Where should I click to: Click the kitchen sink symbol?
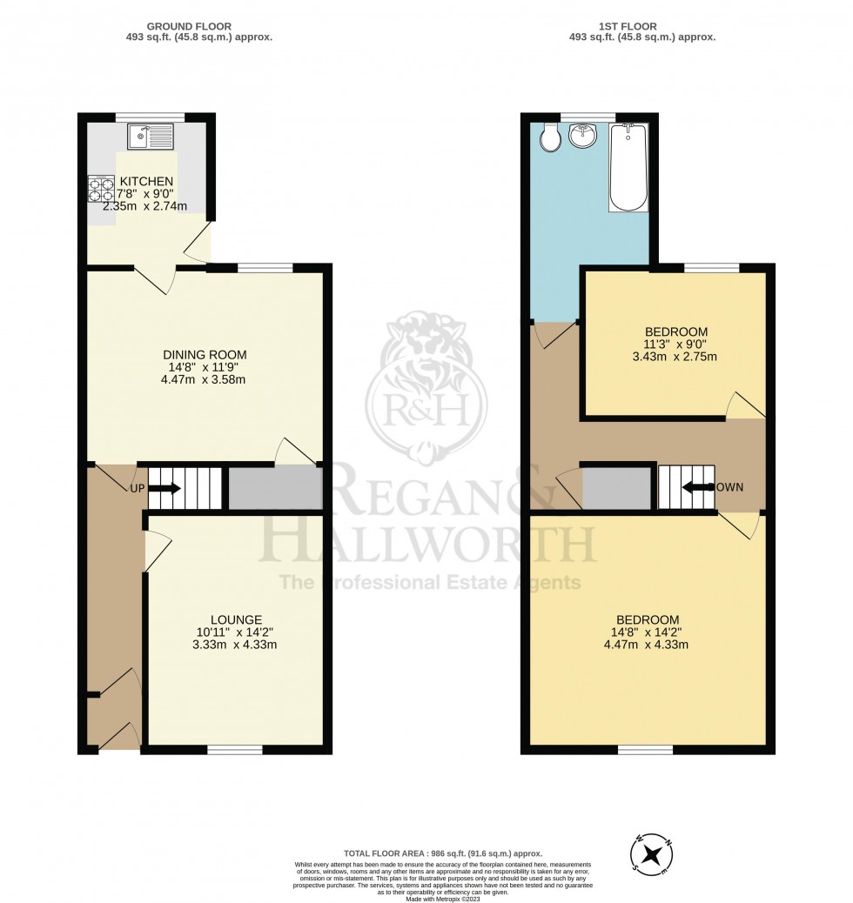151,137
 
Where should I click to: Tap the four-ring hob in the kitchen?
101,190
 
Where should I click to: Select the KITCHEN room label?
145,181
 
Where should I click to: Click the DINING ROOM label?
205,354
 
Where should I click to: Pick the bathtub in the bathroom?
628,167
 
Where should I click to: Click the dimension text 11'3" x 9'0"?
675,344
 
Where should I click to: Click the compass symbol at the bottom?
649,853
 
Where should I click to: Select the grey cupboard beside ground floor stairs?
273,488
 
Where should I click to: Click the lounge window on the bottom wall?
235,749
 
